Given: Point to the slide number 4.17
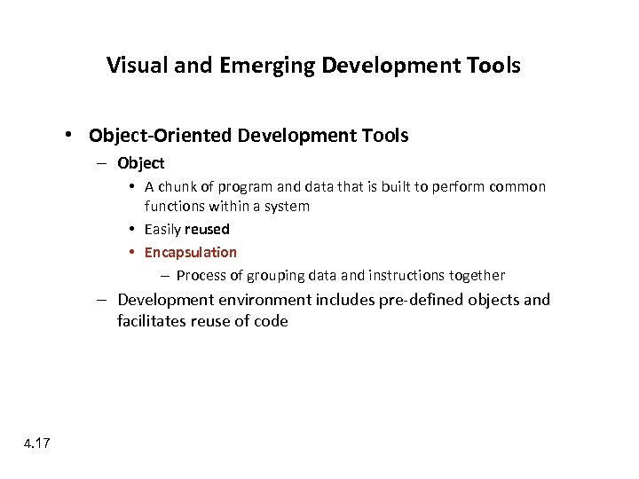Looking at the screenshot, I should point(37,443).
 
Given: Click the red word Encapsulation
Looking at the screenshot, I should point(191,252).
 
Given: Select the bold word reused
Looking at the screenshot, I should point(207,229).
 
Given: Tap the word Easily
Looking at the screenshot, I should point(162,229).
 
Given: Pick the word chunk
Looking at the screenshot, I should point(180,187).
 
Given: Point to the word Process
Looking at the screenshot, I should point(201,275).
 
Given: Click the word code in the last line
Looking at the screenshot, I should point(270,321).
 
